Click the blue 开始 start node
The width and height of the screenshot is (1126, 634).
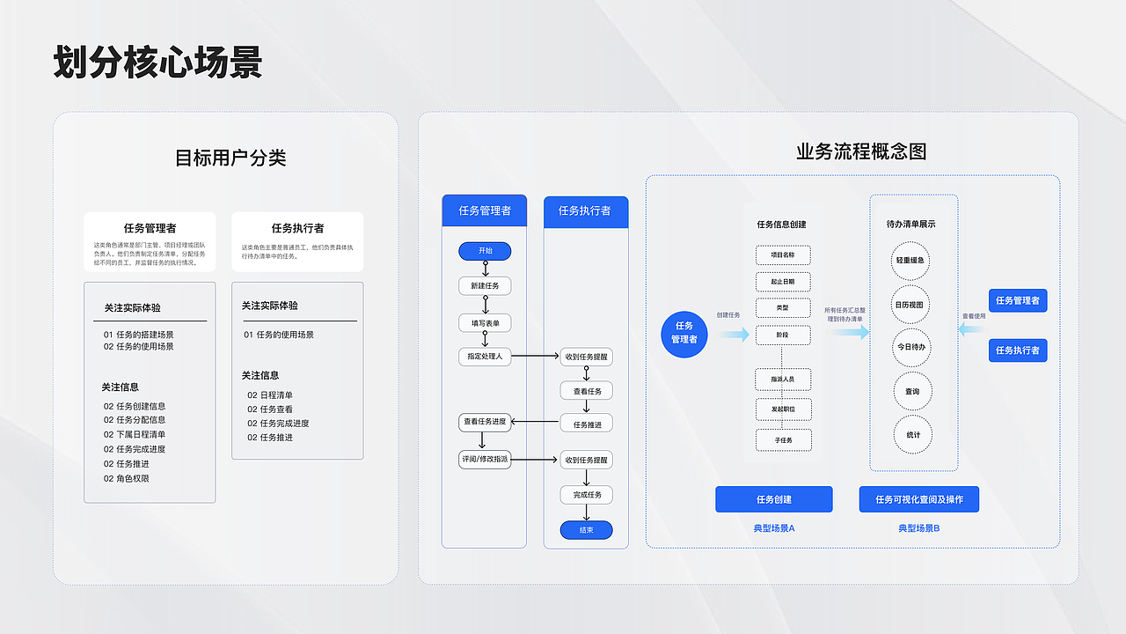point(485,251)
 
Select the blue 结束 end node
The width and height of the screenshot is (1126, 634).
point(586,530)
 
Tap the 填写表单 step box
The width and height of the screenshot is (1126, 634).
point(485,323)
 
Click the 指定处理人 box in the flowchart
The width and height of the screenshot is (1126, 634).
point(485,357)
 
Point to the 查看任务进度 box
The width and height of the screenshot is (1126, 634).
point(485,423)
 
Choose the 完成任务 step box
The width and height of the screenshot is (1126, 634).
point(587,495)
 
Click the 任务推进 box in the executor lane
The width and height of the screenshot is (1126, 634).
point(587,424)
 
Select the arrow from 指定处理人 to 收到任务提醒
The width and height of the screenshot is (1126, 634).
point(536,357)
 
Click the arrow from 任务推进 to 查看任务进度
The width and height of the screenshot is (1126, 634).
point(536,423)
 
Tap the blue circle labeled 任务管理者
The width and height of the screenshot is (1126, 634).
point(684,333)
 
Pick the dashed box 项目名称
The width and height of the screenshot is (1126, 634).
point(783,255)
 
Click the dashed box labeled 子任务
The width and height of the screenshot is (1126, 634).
point(783,439)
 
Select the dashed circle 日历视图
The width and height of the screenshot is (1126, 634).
point(910,305)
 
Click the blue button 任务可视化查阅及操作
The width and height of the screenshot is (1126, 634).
point(918,499)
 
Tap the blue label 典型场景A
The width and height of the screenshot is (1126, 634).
point(773,528)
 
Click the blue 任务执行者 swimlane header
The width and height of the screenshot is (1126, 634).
point(586,211)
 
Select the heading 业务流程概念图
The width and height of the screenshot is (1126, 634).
point(861,151)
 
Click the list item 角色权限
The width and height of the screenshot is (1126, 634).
point(133,479)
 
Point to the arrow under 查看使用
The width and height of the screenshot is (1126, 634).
point(971,329)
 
